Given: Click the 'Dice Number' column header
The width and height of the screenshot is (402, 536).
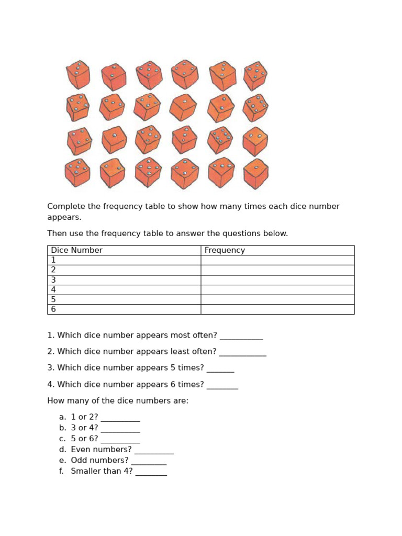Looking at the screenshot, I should click(x=76, y=250).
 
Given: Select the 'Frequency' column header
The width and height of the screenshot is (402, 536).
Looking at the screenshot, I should click(x=225, y=250).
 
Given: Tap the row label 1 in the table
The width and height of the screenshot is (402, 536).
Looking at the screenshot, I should click(x=53, y=260).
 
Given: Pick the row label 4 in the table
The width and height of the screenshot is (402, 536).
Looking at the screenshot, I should click(x=53, y=289).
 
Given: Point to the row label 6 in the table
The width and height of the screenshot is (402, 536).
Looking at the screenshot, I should click(x=53, y=309).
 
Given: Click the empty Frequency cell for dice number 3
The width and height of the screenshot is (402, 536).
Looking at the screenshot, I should click(x=277, y=280).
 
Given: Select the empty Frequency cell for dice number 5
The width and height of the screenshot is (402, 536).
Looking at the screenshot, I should click(x=277, y=299).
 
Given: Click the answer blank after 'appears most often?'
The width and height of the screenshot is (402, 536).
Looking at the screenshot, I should click(x=241, y=336).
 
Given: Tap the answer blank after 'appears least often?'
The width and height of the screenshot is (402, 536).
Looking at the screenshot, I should click(x=242, y=352).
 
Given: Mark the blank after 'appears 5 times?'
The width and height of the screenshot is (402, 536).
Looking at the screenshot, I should click(x=220, y=368).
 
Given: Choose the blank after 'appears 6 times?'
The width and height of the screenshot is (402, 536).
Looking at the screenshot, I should click(x=222, y=385).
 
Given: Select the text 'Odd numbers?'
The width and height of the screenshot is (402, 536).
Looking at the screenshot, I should click(x=99, y=461).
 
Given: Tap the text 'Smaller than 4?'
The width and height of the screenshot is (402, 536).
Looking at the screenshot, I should click(x=102, y=472).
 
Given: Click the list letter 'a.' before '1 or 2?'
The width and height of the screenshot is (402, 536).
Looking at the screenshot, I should click(x=63, y=417).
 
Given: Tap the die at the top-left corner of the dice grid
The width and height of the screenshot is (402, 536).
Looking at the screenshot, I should click(x=78, y=75).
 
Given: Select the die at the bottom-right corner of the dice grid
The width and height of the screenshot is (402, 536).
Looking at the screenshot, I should click(x=256, y=174).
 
